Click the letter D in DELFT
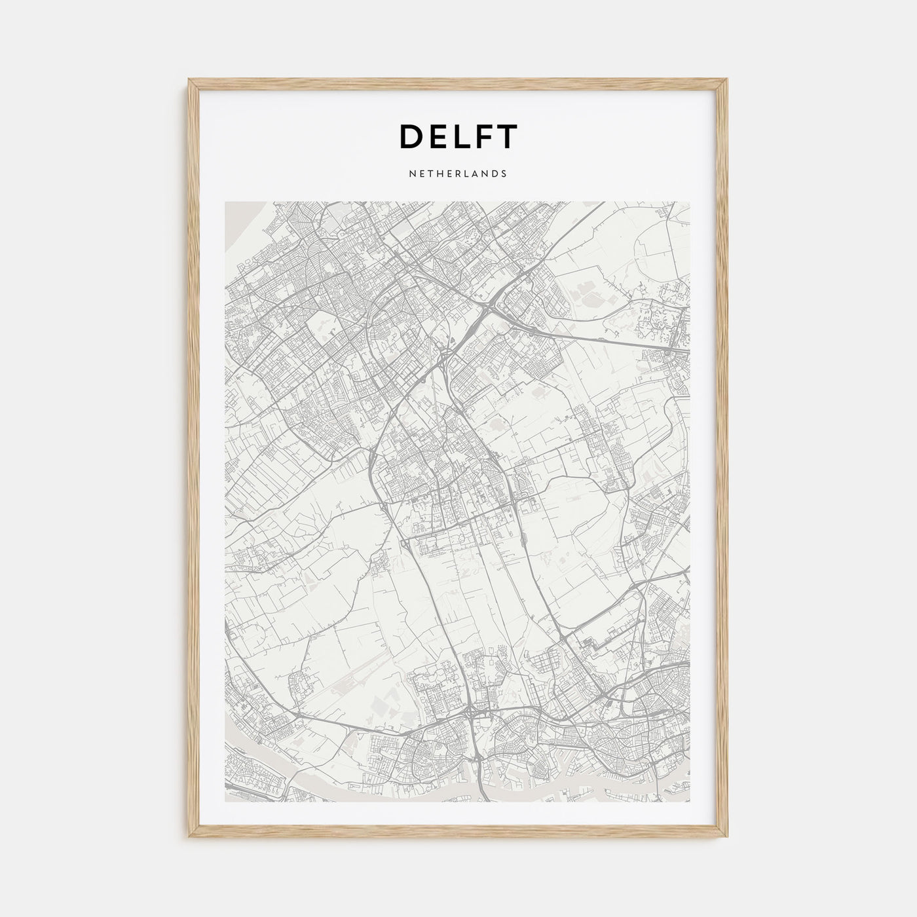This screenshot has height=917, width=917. pyautogui.click(x=411, y=136)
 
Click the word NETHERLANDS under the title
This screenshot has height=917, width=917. pyautogui.click(x=458, y=174)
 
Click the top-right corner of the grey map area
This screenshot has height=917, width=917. pyautogui.click(x=690, y=202)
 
